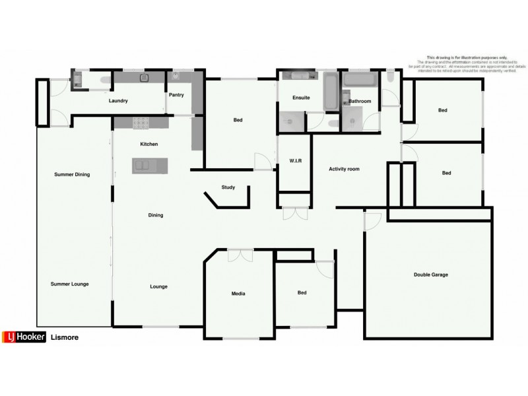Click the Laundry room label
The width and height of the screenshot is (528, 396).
click(118, 100)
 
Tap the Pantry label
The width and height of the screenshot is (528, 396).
click(176, 95)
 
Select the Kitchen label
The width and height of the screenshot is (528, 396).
click(148, 144)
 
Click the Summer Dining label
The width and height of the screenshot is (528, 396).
click(71, 174)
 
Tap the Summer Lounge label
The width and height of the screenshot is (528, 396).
click(69, 284)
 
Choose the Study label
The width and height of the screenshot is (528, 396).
click(228, 187)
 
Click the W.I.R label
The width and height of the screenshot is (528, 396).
click(296, 161)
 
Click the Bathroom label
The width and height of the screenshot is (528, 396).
click(360, 101)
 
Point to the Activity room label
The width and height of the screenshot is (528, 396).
click(344, 170)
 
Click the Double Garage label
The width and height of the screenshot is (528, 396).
click(431, 275)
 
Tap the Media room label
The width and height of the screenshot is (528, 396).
click(238, 294)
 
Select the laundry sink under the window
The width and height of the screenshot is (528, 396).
click(145, 79)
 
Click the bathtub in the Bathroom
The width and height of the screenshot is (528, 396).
click(359, 81)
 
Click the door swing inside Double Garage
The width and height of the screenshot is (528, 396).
click(372, 220)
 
